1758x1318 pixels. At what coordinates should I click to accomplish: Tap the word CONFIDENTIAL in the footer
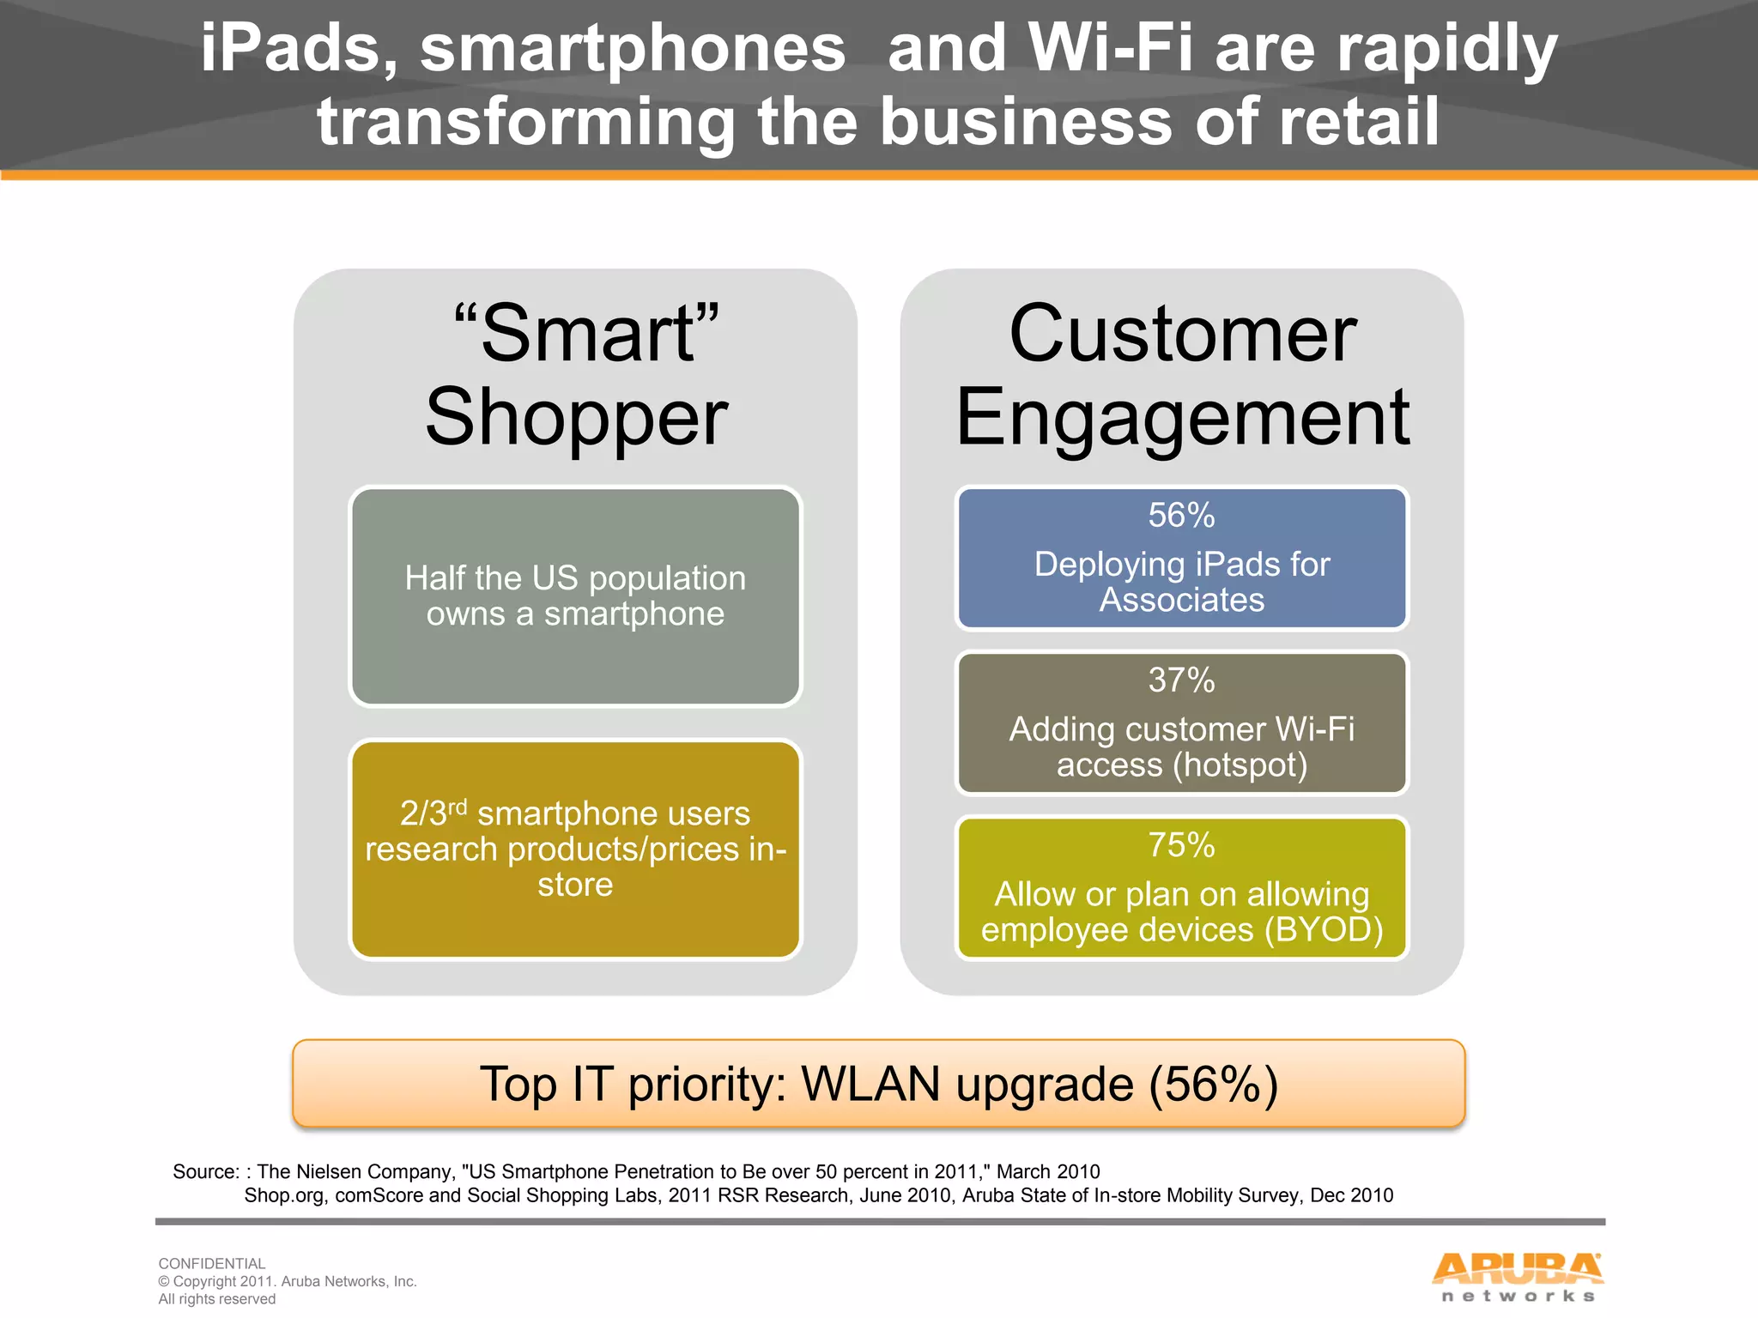coord(212,1263)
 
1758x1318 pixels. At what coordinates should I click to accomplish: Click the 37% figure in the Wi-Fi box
coord(1181,680)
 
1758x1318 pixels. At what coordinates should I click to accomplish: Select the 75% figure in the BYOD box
coord(1181,845)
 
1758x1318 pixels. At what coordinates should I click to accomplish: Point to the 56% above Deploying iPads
coord(1181,516)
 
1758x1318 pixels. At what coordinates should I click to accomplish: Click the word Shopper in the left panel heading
coord(576,418)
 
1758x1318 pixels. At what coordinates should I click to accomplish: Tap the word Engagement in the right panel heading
coord(1181,418)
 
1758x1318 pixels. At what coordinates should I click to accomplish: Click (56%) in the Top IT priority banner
coord(1214,1084)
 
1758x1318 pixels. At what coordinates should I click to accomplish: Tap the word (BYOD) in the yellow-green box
coord(1323,930)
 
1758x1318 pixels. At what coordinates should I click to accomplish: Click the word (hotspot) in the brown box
coord(1240,765)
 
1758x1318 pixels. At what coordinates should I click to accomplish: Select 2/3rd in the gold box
coord(433,813)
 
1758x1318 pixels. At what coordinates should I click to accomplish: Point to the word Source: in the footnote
coord(206,1172)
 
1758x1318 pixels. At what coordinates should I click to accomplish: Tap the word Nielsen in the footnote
coord(331,1172)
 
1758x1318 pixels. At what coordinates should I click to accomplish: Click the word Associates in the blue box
coord(1181,600)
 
